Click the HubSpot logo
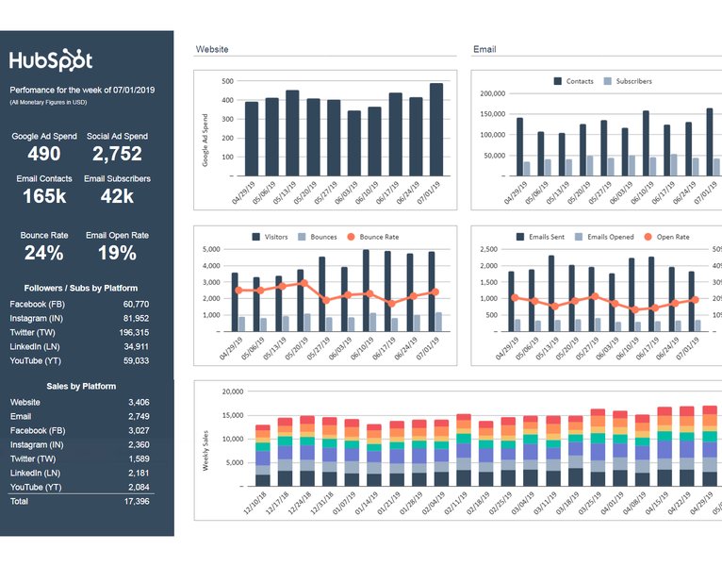pos(51,60)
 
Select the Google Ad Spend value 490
pos(43,154)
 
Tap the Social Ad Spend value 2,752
pos(117,154)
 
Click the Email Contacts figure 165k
pos(43,196)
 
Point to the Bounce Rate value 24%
pos(43,253)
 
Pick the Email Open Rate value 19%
pos(117,253)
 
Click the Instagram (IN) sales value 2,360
pos(138,444)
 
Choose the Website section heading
pos(211,49)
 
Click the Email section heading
pos(484,49)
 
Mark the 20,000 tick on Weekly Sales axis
pos(231,391)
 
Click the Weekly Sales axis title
pos(205,451)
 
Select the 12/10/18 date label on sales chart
pos(254,503)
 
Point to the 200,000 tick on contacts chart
pos(493,93)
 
